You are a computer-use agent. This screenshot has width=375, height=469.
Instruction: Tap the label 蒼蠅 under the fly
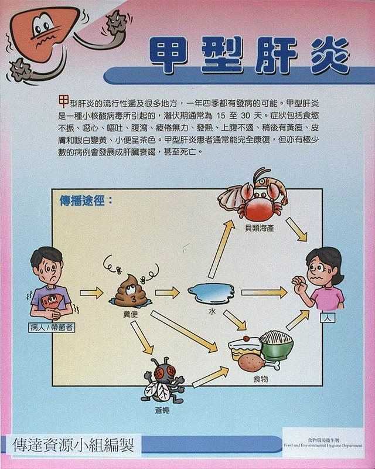162,410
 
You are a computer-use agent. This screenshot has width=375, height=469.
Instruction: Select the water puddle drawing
212,292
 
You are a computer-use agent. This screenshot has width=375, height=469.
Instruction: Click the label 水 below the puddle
212,312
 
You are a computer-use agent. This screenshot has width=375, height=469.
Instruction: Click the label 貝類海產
259,229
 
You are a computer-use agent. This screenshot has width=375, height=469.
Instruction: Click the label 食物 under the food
260,379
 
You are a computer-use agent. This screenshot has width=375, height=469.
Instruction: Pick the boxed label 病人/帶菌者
52,327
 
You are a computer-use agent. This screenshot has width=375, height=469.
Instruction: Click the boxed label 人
328,318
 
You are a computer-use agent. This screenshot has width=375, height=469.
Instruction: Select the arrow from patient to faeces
91,293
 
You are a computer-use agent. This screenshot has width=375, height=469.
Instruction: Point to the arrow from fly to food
210,377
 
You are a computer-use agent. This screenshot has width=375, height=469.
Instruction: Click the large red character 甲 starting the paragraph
63,101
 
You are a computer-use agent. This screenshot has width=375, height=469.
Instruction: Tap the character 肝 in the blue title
276,55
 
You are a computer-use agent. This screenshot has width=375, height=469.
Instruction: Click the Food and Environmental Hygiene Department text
323,446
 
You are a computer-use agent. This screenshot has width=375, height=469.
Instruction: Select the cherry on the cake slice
246,339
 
